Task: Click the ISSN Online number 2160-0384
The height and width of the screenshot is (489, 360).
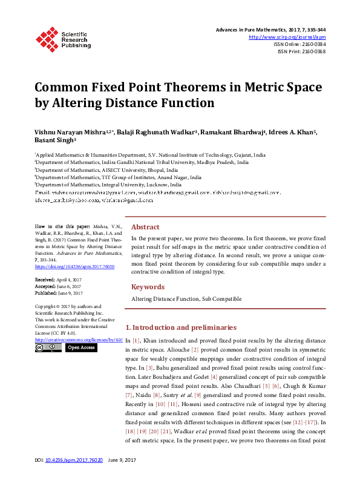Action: pyautogui.click(x=311, y=44)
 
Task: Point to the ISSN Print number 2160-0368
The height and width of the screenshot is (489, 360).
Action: pyautogui.click(x=311, y=51)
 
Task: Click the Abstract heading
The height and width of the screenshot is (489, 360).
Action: pyautogui.click(x=145, y=227)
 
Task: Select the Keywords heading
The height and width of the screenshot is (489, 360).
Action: pyautogui.click(x=148, y=287)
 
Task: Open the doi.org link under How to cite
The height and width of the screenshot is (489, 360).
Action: pyautogui.click(x=67, y=266)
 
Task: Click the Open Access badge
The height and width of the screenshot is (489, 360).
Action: pyautogui.click(x=80, y=347)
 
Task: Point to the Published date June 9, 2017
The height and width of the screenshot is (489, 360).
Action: pyautogui.click(x=71, y=293)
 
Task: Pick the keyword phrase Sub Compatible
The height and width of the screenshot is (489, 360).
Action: pyautogui.click(x=222, y=299)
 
